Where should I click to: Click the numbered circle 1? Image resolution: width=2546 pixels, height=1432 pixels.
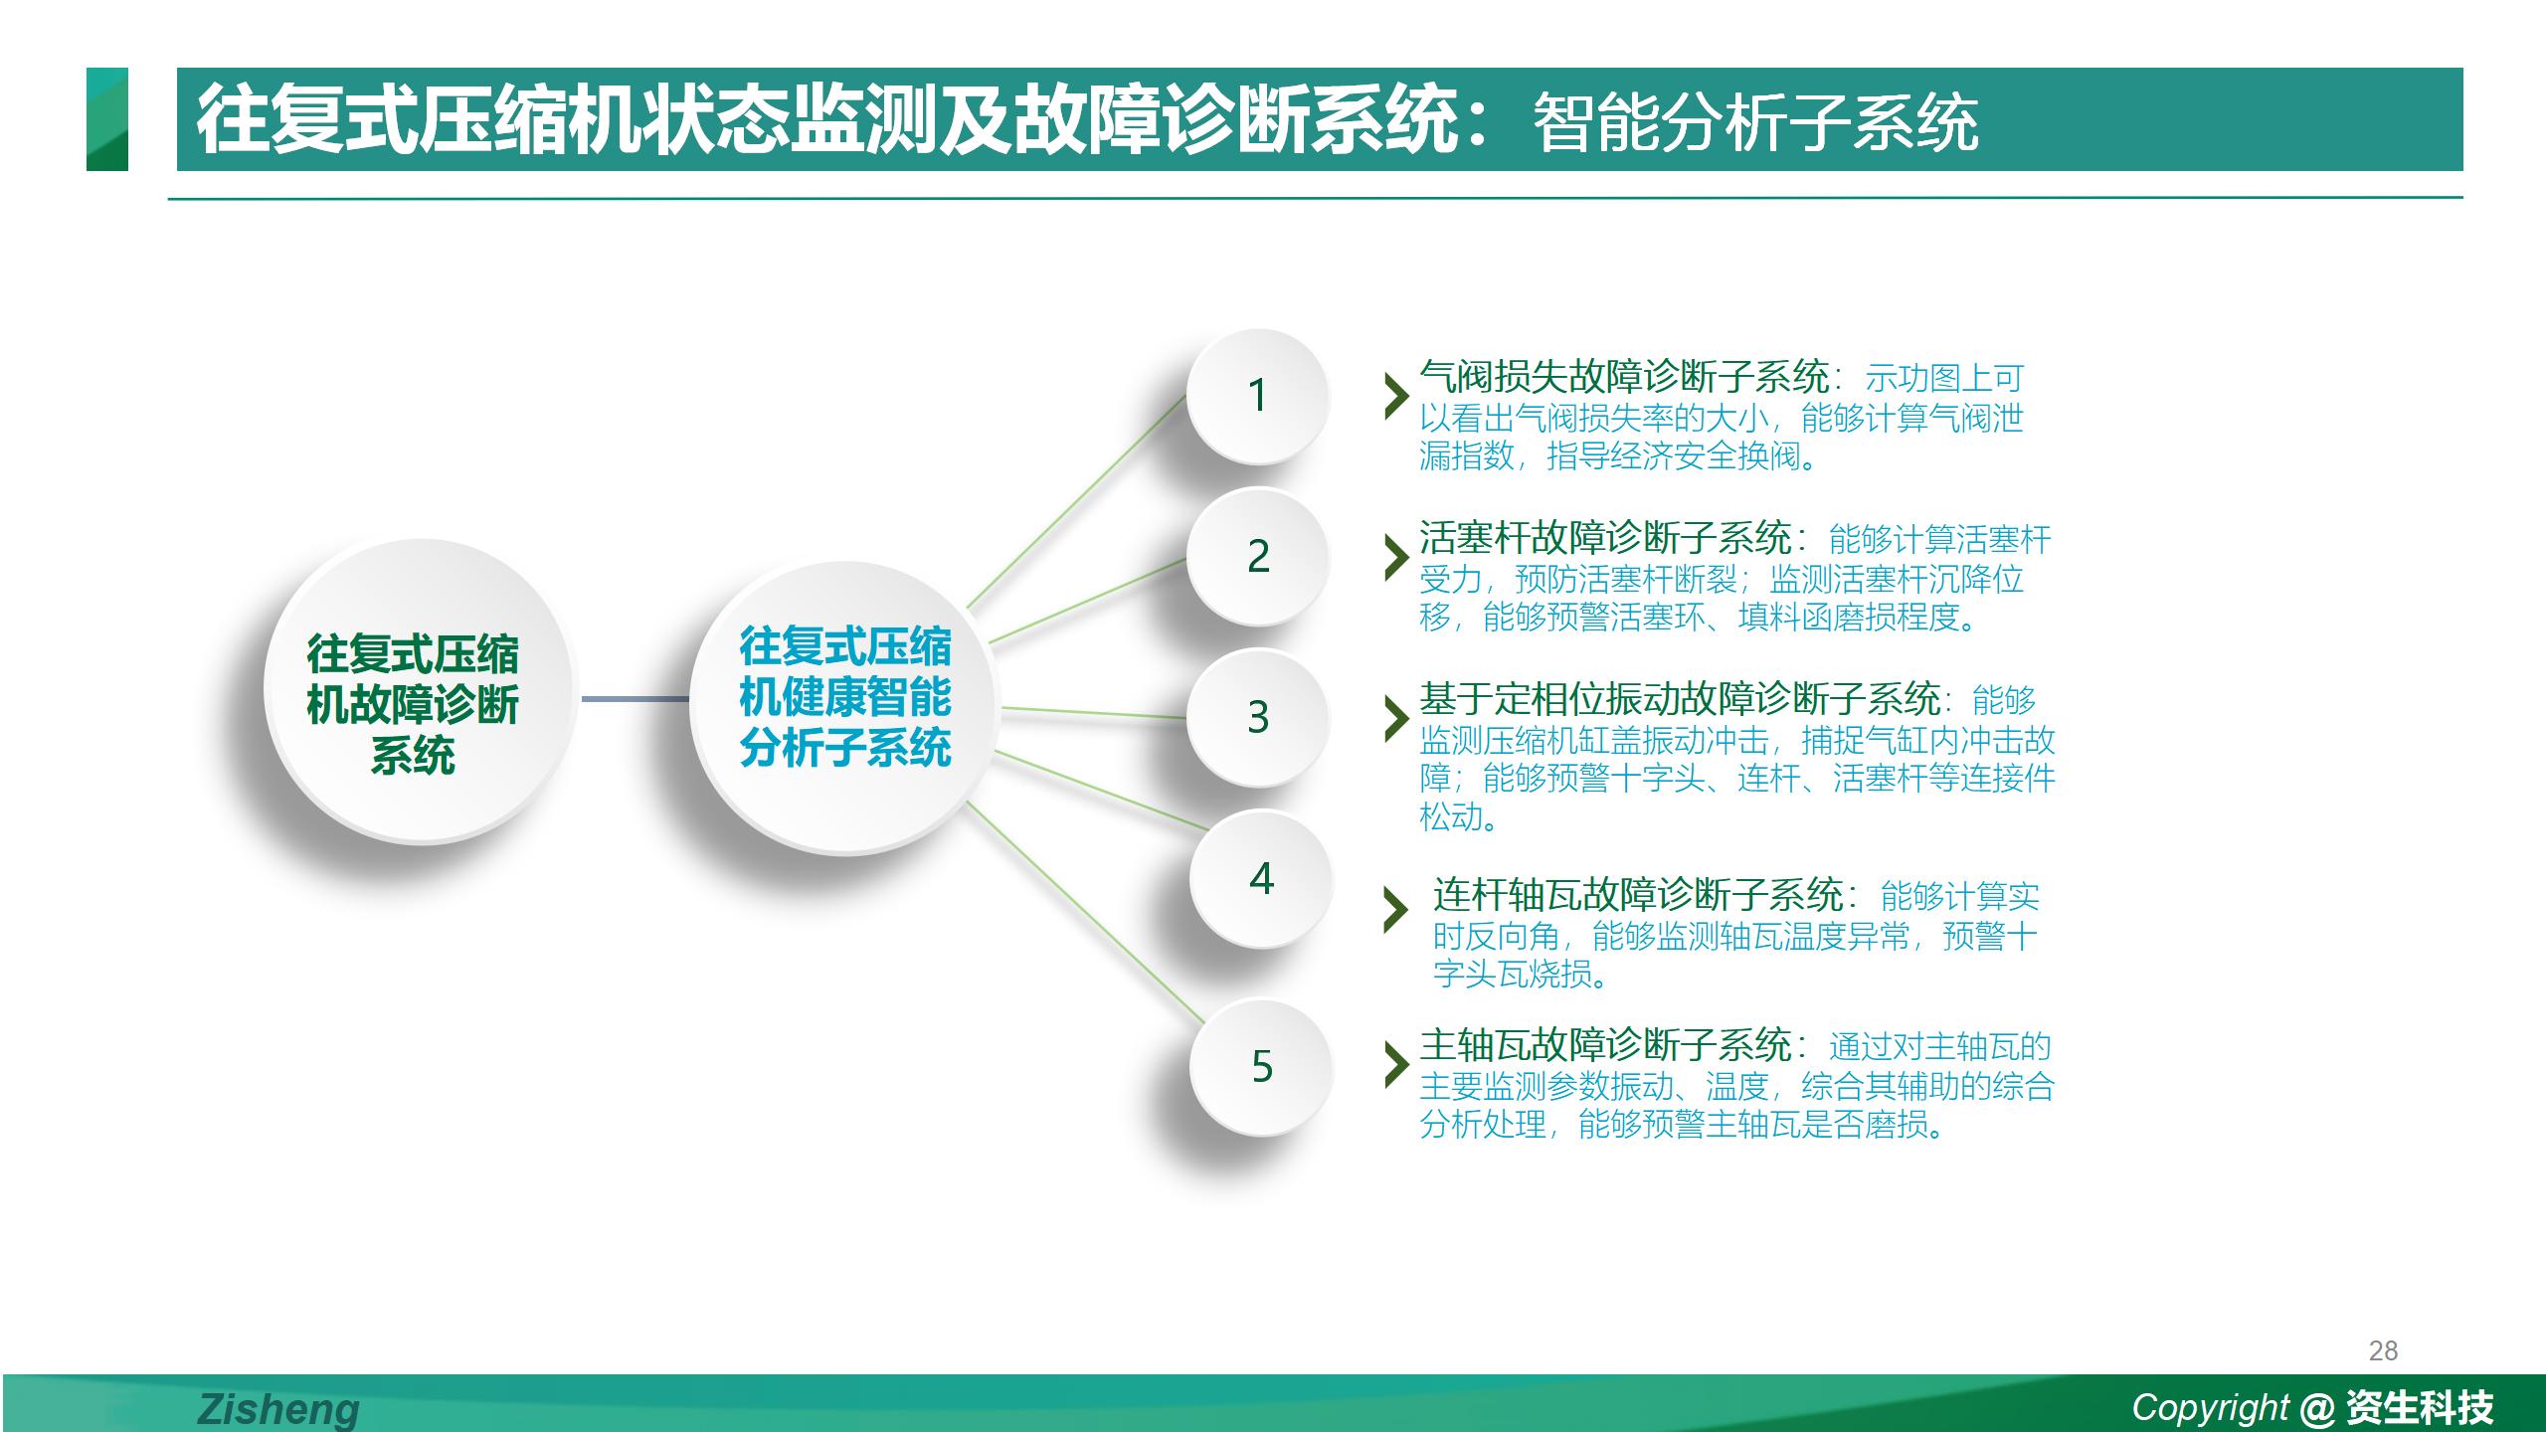coord(1258,396)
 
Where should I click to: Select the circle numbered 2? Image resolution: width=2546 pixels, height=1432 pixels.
coord(1258,556)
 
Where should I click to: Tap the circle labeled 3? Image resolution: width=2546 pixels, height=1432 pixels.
coord(1258,717)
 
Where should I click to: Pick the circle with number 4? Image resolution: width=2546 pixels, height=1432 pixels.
coord(1261,878)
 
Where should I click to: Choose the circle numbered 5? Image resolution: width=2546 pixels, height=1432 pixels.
coord(1261,1066)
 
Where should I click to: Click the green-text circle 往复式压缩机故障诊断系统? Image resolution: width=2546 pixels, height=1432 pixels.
coord(419,691)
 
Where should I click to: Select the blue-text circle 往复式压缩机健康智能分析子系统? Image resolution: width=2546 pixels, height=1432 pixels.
coord(845,706)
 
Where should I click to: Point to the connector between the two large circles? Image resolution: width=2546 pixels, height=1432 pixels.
coord(635,699)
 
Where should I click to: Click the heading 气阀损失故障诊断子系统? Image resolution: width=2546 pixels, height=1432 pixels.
coord(1624,377)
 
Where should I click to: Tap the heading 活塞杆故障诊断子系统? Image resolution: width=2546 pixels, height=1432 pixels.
coord(1605,538)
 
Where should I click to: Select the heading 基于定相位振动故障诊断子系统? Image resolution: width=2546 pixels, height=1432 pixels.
coord(1680,699)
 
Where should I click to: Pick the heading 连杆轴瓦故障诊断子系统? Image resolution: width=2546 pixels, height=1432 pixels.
coord(1638,895)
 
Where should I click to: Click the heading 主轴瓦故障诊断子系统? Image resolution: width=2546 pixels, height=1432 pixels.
coord(1605,1045)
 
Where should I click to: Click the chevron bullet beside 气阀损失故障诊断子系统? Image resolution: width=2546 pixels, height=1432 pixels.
coord(1397,396)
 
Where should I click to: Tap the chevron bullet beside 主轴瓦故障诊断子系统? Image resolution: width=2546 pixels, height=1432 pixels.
coord(1397,1065)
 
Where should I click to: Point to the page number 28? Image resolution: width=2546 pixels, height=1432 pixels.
coord(2383,1350)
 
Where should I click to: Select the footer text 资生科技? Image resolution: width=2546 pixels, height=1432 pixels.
coord(2420,1407)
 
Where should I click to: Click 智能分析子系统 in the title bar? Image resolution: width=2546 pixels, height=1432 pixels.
coord(1755,123)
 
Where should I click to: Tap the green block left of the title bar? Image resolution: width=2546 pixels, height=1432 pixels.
coord(107,119)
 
